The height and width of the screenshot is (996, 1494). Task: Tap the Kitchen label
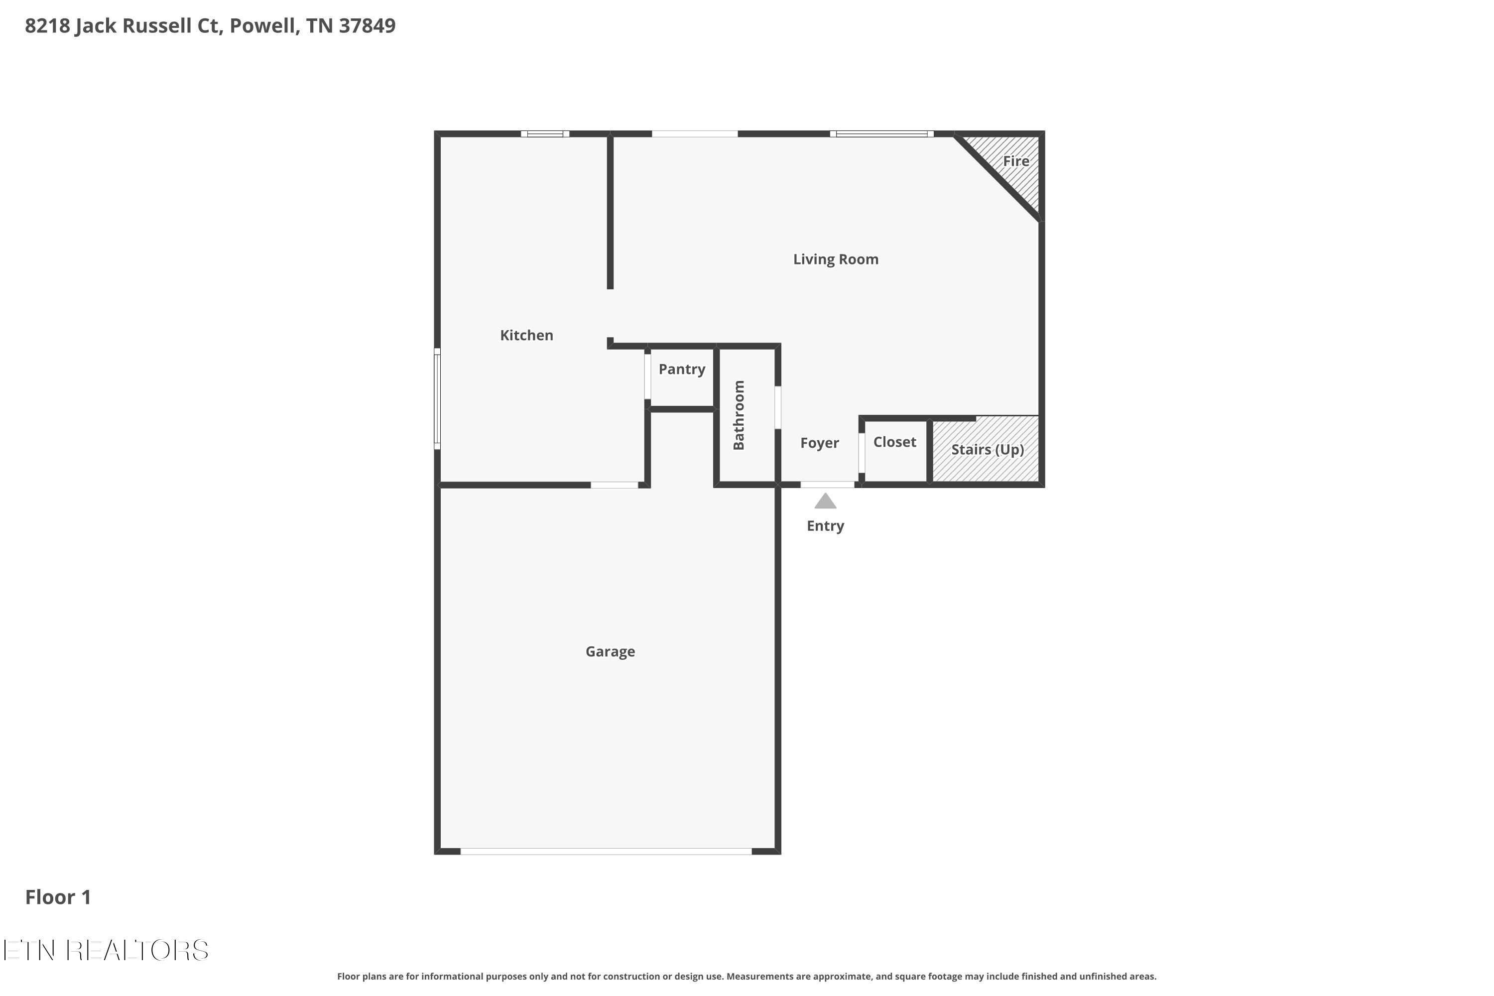point(526,335)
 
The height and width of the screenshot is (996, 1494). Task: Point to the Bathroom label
point(739,415)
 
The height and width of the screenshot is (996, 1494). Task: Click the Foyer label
point(819,443)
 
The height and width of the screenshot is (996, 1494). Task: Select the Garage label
point(610,652)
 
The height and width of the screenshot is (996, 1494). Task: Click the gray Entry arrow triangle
point(825,502)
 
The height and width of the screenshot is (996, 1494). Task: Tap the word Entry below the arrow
point(825,526)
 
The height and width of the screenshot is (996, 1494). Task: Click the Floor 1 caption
point(58,897)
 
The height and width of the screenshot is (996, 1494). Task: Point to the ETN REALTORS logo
point(106,950)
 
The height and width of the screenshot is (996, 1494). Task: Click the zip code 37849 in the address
point(367,26)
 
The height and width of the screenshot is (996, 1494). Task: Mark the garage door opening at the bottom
point(606,851)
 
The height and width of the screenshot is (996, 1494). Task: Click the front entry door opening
point(827,485)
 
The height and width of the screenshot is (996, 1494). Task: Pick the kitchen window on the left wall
point(437,399)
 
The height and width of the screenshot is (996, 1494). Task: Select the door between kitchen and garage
point(614,485)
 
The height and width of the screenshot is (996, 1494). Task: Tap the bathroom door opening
point(777,407)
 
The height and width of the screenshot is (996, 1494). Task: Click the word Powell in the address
point(262,26)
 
